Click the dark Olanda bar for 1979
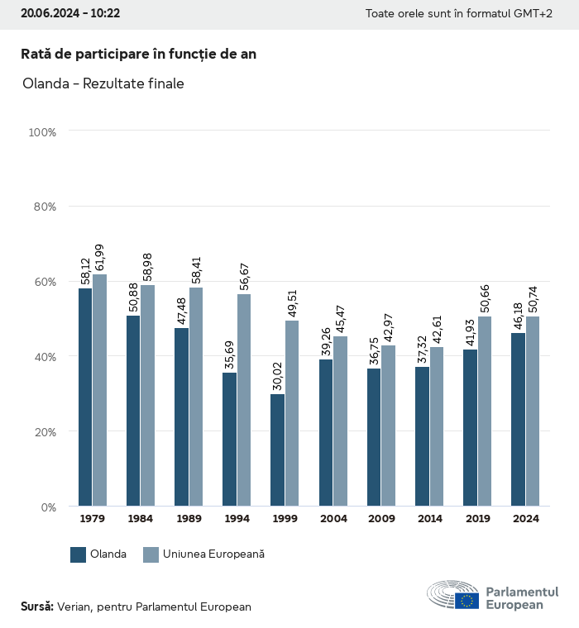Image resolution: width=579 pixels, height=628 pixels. (85, 397)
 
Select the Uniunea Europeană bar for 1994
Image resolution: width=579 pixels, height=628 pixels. (244, 400)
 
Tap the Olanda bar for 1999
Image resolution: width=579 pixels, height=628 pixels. (277, 450)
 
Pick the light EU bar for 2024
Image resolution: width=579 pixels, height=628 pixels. (533, 411)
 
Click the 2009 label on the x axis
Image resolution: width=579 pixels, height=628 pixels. (381, 519)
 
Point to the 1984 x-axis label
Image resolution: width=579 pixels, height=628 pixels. (141, 519)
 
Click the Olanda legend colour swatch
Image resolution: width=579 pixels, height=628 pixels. (79, 554)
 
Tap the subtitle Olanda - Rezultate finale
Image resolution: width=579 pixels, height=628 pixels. (103, 83)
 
